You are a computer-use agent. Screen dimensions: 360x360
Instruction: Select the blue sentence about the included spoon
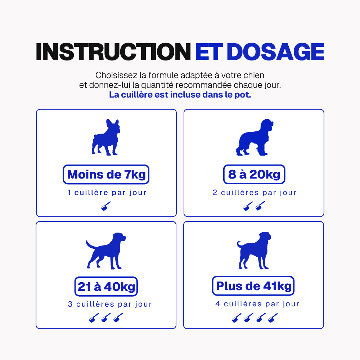click(x=180, y=95)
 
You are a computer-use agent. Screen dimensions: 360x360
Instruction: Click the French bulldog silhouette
click(x=106, y=137)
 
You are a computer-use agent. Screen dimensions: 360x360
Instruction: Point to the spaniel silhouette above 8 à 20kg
click(x=255, y=137)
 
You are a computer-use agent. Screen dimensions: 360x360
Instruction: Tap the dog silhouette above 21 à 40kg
click(x=106, y=251)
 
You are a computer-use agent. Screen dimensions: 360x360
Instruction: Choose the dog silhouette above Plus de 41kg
click(x=254, y=250)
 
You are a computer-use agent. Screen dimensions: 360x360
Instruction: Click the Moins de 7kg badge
click(x=106, y=175)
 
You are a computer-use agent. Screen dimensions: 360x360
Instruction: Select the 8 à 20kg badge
click(x=254, y=175)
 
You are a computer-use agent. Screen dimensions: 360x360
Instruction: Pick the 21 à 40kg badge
click(x=106, y=287)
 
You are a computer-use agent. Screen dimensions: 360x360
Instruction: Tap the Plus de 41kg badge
click(x=253, y=286)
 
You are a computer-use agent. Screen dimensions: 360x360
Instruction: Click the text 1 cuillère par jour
click(x=107, y=192)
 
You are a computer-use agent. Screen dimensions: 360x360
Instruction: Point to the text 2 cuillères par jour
click(x=255, y=192)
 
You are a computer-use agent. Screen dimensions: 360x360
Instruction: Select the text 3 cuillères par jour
click(x=110, y=304)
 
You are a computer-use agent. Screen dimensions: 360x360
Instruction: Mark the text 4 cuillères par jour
click(x=257, y=304)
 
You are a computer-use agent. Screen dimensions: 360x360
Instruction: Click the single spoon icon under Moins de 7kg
click(x=106, y=206)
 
